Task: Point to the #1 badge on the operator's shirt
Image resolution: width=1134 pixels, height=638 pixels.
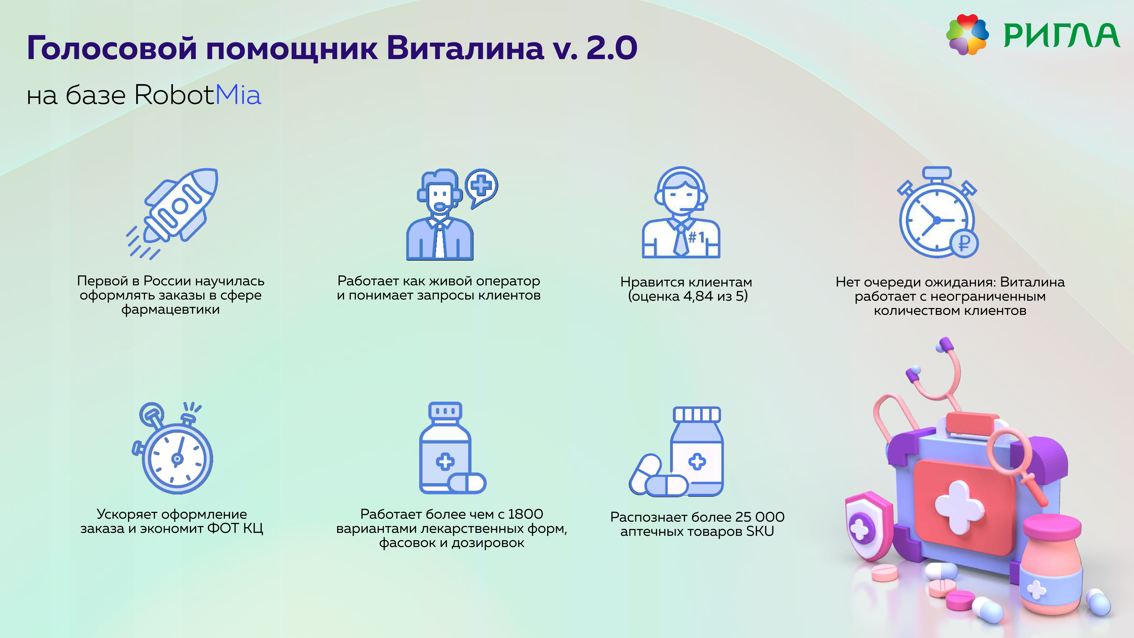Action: click(x=696, y=238)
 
